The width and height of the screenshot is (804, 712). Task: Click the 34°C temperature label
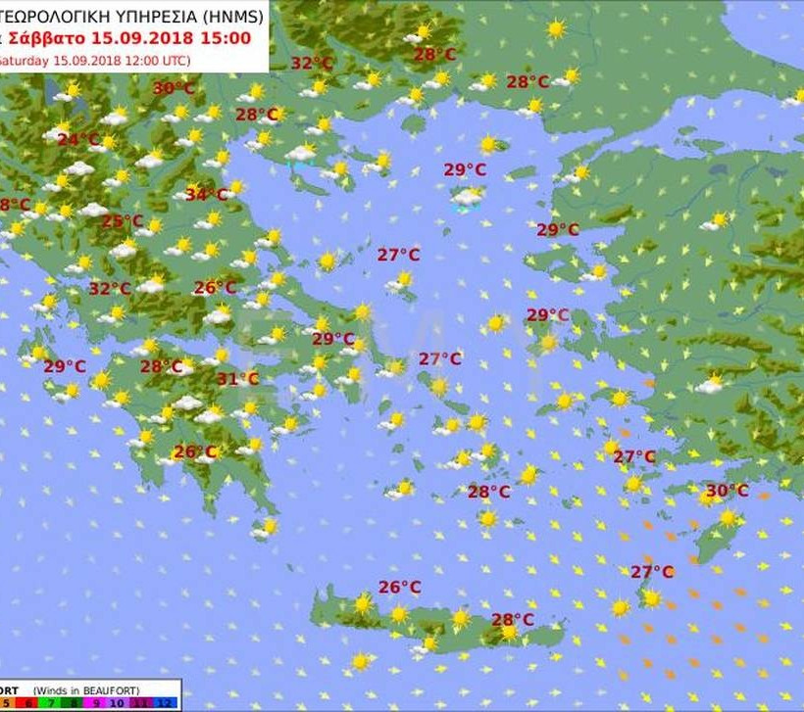tap(206, 195)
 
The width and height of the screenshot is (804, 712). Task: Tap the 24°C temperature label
tap(77, 140)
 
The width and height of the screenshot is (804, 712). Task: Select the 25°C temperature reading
tap(123, 221)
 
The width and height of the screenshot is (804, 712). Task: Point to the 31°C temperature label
tap(237, 379)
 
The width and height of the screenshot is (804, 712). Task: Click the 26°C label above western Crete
tap(399, 588)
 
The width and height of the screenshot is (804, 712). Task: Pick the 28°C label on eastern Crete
tap(513, 620)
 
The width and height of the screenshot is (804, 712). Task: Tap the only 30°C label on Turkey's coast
tap(727, 491)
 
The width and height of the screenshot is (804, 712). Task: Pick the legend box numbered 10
tap(118, 704)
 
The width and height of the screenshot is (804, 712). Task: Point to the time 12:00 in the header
tap(132, 60)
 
